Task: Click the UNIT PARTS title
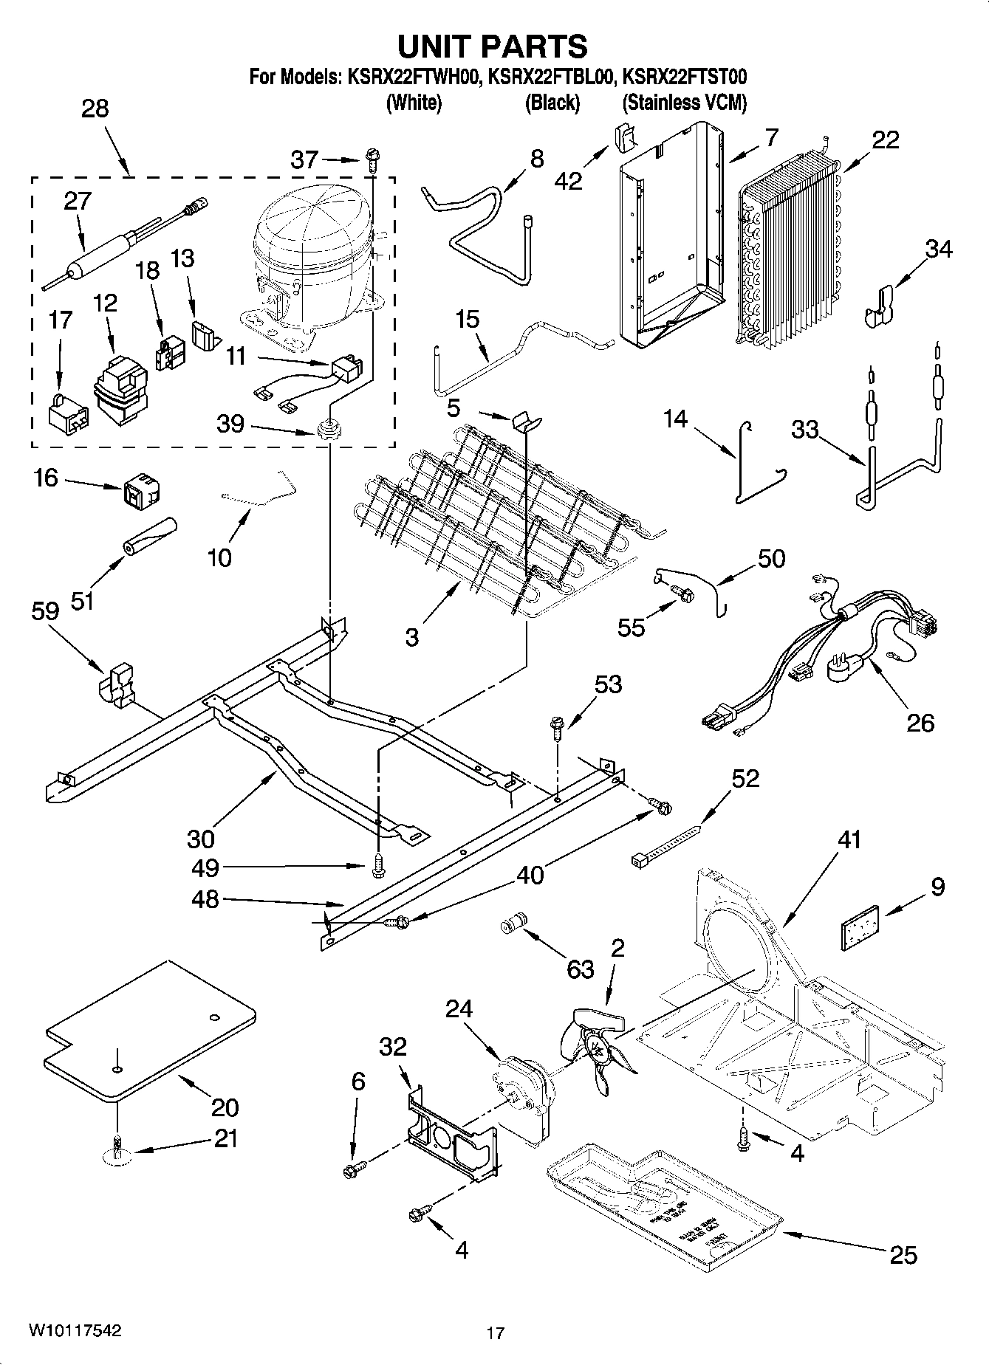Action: [x=493, y=46]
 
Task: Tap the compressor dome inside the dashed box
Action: [x=310, y=229]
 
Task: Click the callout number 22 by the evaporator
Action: [x=884, y=140]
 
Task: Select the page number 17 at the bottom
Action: [x=495, y=1333]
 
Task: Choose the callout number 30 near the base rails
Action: [x=200, y=838]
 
